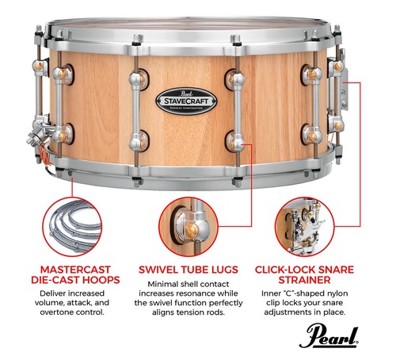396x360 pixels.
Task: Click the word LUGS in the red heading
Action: (x=230, y=269)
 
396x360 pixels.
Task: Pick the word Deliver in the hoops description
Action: (x=41, y=296)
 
